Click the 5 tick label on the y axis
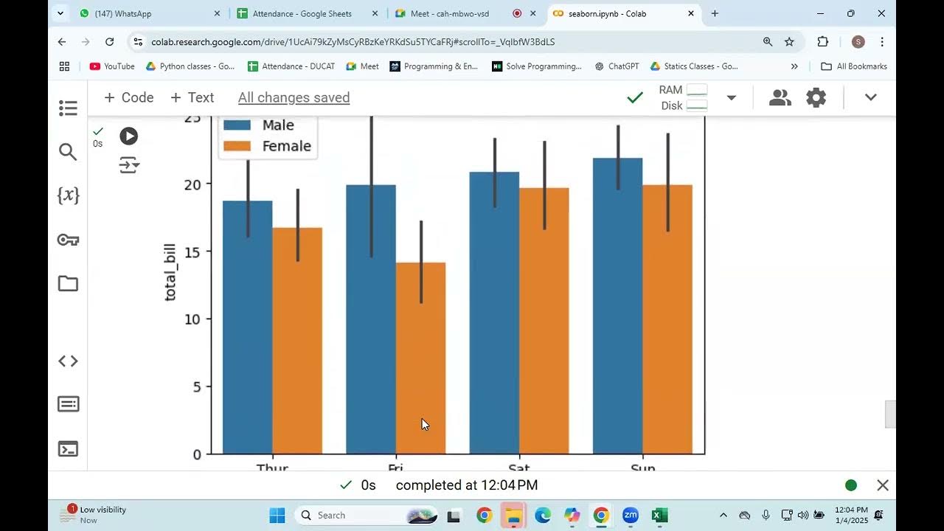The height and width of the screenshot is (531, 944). [196, 386]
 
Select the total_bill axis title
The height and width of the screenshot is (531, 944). [170, 269]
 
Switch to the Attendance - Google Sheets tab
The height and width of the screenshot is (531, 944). [302, 13]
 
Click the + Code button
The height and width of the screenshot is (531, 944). [128, 97]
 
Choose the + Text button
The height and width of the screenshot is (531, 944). [192, 97]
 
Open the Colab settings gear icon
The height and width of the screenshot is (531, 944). [816, 97]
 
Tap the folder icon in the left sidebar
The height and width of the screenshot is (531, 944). [68, 284]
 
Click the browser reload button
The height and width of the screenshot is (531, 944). [109, 42]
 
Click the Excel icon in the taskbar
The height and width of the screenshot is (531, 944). [659, 516]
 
